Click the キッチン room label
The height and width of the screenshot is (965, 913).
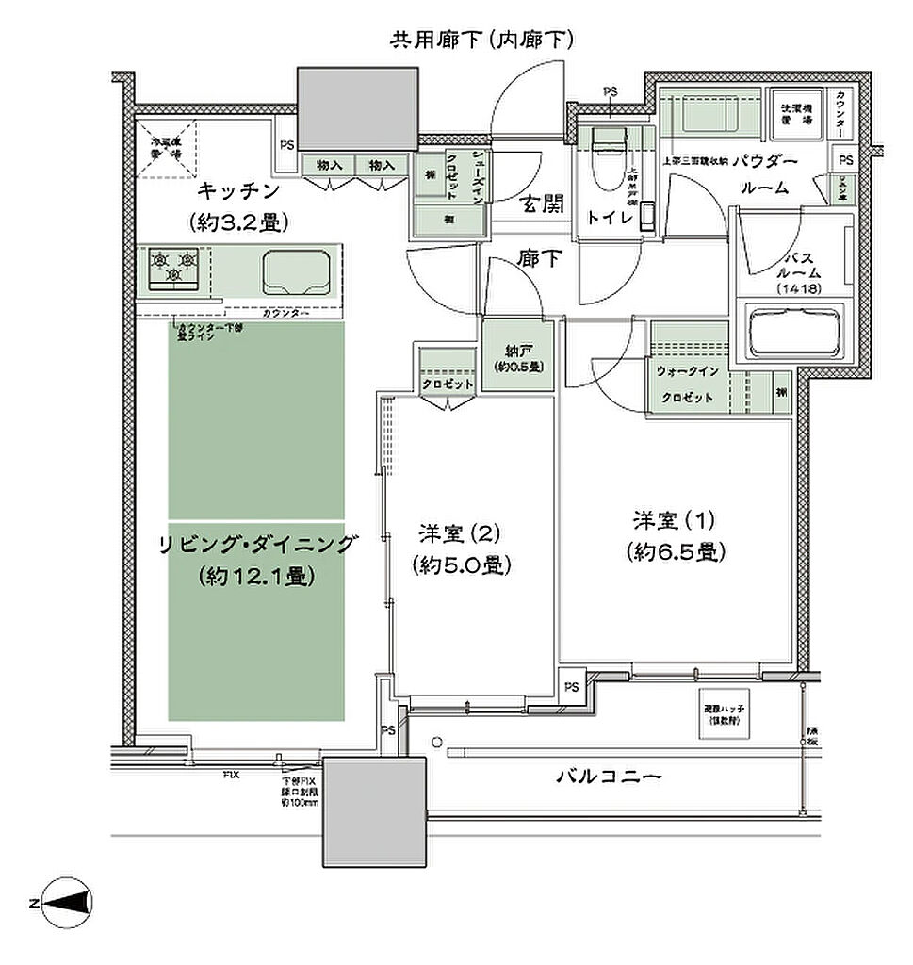pos(239,192)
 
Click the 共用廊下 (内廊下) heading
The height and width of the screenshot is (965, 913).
pos(482,40)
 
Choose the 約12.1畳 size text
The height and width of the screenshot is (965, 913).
pos(256,576)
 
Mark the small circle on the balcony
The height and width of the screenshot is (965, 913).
pos(435,743)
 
